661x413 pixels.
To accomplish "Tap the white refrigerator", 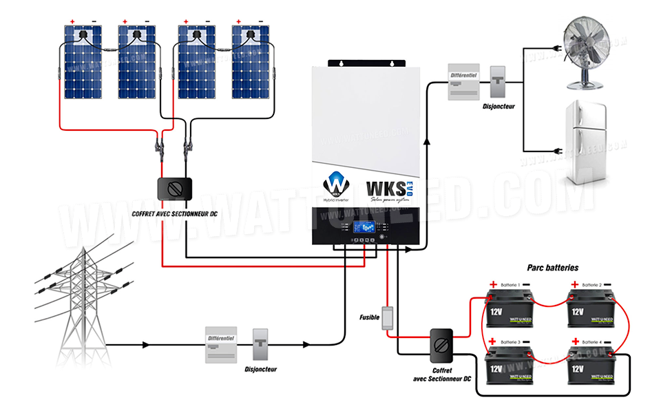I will [586, 142].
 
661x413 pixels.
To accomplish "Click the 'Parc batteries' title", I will [552, 267].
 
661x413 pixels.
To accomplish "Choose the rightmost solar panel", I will [251, 63].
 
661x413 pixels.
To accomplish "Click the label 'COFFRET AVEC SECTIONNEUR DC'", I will [176, 214].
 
